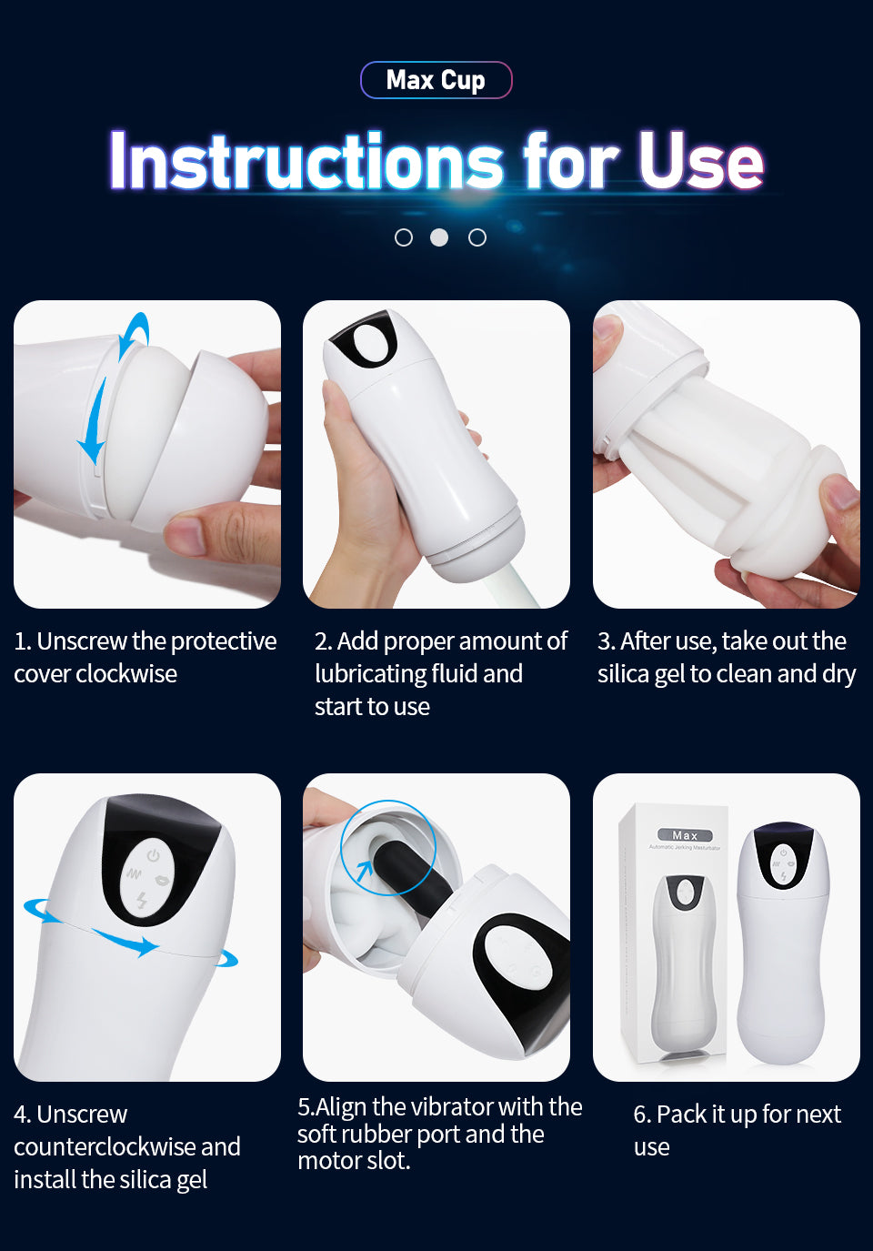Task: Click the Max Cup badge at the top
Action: click(436, 80)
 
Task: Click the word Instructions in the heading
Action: click(306, 161)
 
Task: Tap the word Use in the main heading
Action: click(701, 161)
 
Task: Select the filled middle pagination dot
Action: click(439, 237)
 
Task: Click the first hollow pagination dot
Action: click(404, 237)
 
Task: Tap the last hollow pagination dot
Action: click(477, 237)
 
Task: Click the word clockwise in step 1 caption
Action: click(126, 673)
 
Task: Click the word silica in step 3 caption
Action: click(623, 673)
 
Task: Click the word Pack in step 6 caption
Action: click(681, 1115)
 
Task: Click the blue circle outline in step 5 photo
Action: click(342, 849)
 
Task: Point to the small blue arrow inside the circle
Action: click(364, 870)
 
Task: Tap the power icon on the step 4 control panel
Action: click(154, 855)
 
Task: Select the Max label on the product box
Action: click(685, 835)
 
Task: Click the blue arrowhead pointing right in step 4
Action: click(146, 946)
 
